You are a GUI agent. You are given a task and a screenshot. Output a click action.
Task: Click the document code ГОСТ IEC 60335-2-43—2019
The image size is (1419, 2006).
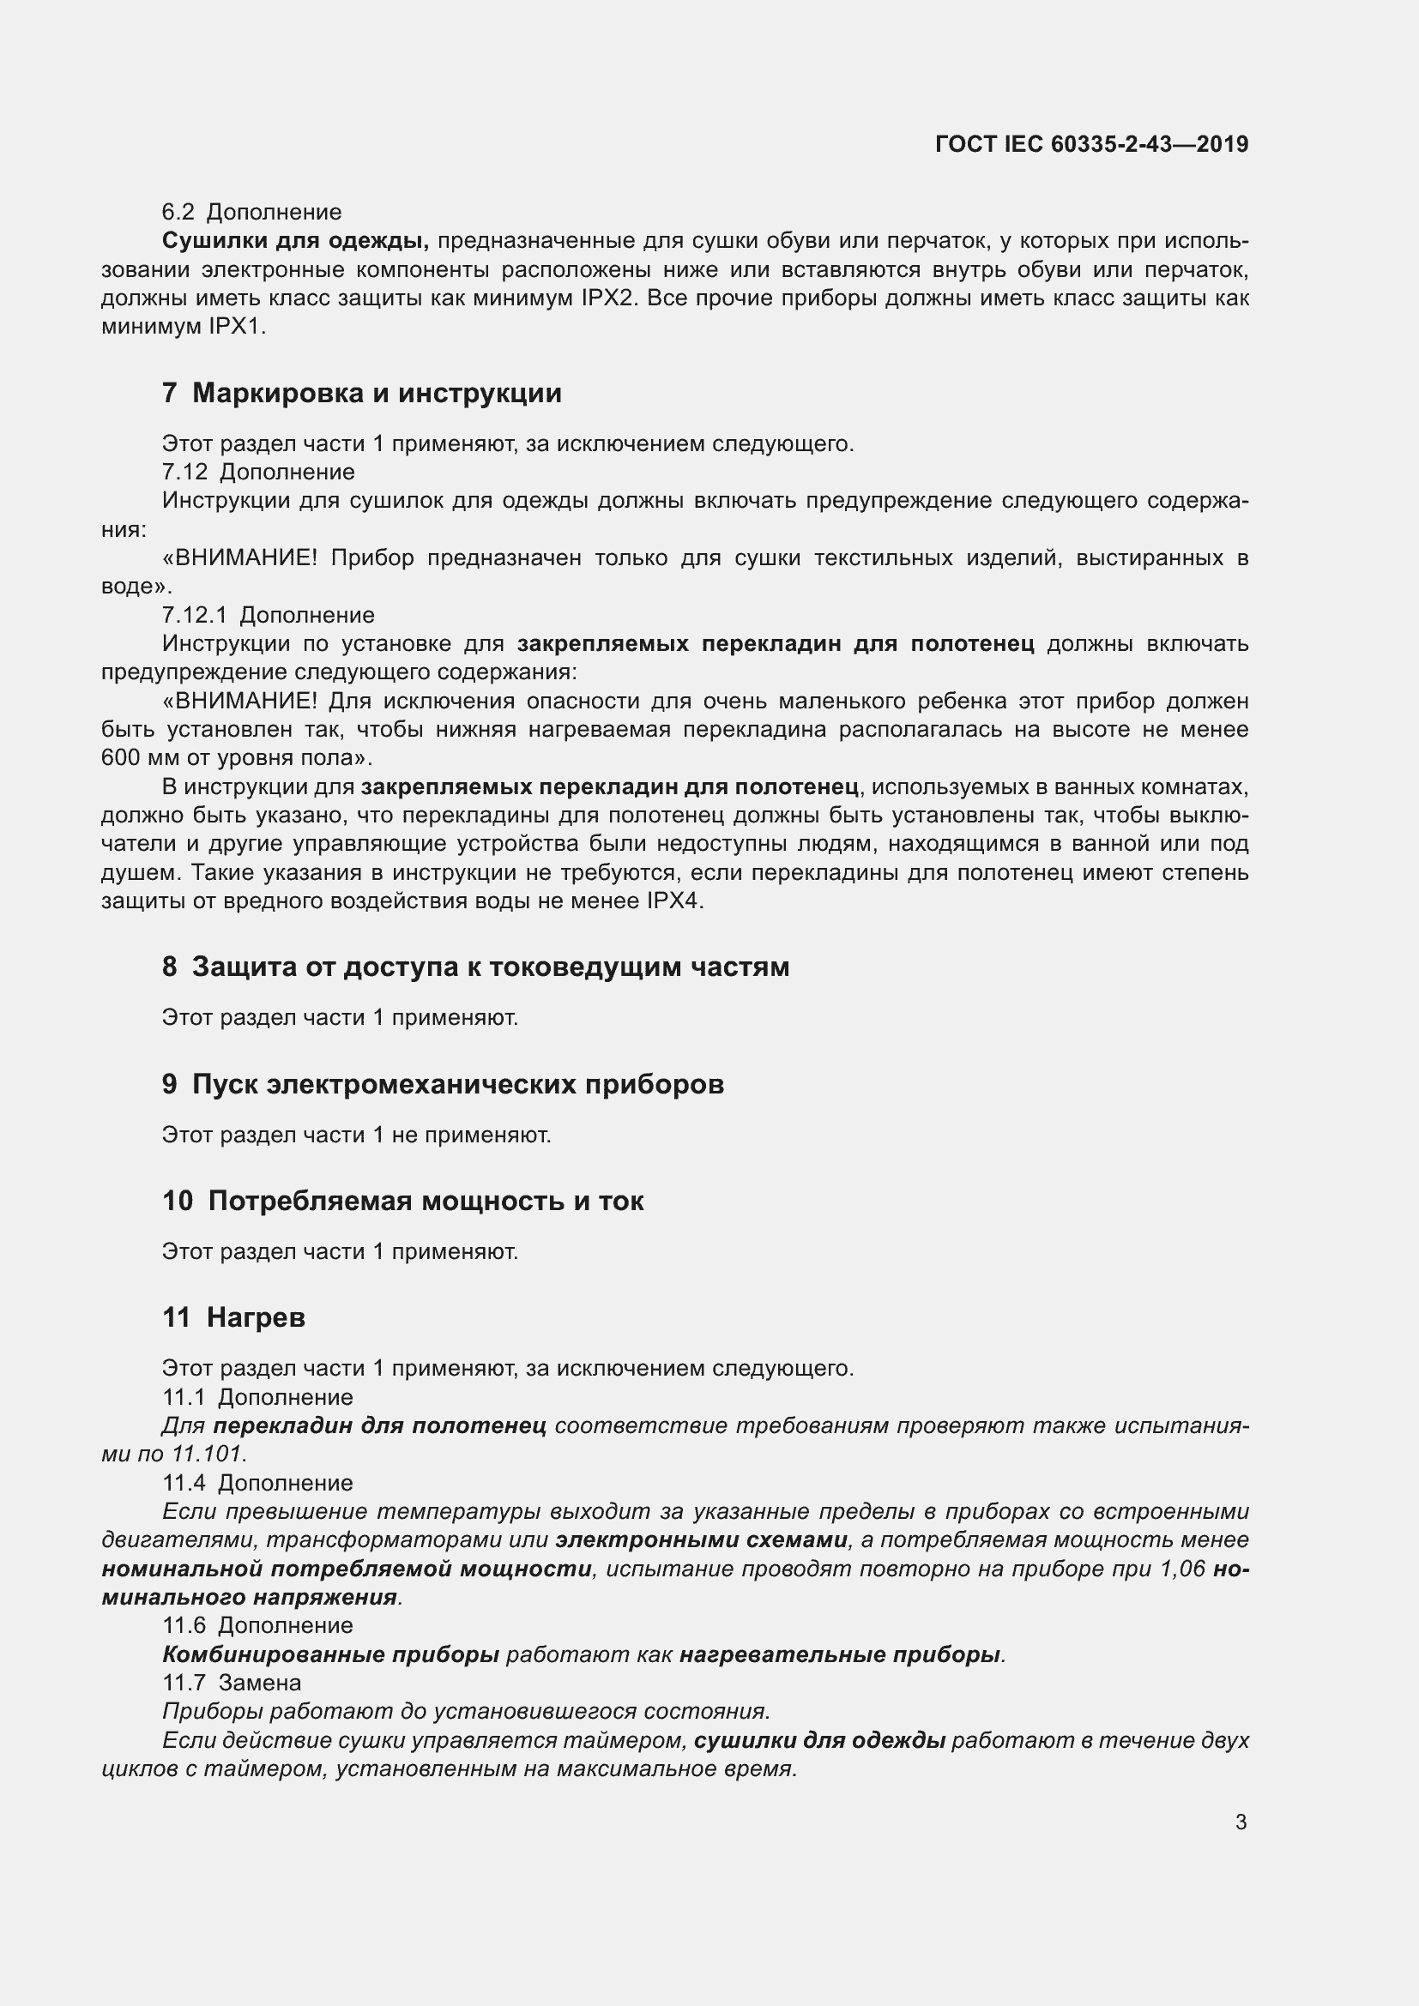pyautogui.click(x=1091, y=144)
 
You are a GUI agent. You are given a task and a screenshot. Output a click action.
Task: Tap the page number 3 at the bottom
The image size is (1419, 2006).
pyautogui.click(x=1241, y=1822)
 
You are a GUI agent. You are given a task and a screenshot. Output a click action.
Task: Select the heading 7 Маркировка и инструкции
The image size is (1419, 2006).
pyautogui.click(x=362, y=393)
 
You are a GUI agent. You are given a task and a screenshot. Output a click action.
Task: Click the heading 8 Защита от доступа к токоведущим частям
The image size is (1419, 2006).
pyautogui.click(x=475, y=967)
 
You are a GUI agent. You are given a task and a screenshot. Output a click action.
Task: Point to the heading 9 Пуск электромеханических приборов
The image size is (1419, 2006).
pyautogui.click(x=443, y=1084)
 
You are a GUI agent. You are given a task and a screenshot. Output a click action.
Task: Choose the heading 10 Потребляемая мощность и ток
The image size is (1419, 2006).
pyautogui.click(x=403, y=1201)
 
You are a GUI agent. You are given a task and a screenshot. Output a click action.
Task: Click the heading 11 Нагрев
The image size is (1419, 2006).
pyautogui.click(x=233, y=1316)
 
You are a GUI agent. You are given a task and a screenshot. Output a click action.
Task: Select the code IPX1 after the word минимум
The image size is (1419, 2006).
pyautogui.click(x=236, y=328)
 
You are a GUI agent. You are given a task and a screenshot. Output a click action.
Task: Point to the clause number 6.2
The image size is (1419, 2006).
pyautogui.click(x=178, y=213)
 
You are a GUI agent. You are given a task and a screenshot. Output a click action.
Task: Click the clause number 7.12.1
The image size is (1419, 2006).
pyautogui.click(x=194, y=615)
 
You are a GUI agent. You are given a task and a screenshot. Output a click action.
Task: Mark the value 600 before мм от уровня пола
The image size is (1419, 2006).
pyautogui.click(x=121, y=757)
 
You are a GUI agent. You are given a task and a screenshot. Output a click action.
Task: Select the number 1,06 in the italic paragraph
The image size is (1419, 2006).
pyautogui.click(x=1183, y=1569)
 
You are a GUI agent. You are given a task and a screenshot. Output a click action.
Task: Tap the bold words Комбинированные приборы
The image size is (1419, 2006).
pyautogui.click(x=330, y=1654)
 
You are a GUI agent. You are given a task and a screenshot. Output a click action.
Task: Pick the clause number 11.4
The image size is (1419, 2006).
pyautogui.click(x=184, y=1483)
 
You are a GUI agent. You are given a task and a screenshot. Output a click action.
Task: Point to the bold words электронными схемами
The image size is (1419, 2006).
pyautogui.click(x=702, y=1539)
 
